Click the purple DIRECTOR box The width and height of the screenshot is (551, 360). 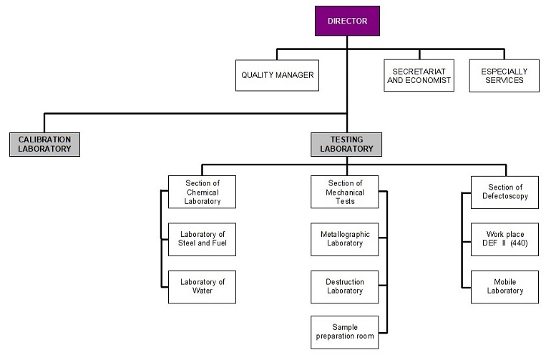(x=347, y=21)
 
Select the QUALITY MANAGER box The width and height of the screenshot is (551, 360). (x=277, y=75)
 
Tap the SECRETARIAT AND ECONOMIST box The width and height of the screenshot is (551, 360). (x=419, y=75)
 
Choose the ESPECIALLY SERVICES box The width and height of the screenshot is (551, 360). (x=504, y=76)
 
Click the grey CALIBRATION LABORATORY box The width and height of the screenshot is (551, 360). (x=44, y=144)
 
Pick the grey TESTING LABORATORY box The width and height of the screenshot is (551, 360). (x=346, y=144)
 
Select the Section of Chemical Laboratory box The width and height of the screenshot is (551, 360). (x=202, y=192)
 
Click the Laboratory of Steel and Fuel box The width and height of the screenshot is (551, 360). (x=202, y=239)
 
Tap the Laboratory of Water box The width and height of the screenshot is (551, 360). (x=202, y=287)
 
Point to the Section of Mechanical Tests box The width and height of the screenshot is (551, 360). (x=345, y=192)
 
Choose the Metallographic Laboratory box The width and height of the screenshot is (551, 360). (x=345, y=239)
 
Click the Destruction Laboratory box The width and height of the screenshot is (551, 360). (x=345, y=287)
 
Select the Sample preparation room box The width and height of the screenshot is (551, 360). (x=345, y=332)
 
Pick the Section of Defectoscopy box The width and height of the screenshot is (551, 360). (x=504, y=193)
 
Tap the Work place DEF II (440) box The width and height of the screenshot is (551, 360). (x=504, y=239)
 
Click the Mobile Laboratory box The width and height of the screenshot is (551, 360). (x=504, y=287)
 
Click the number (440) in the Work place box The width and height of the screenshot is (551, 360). (x=519, y=243)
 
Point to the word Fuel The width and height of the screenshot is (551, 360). (x=219, y=243)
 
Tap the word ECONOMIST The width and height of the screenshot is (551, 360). (x=428, y=80)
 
